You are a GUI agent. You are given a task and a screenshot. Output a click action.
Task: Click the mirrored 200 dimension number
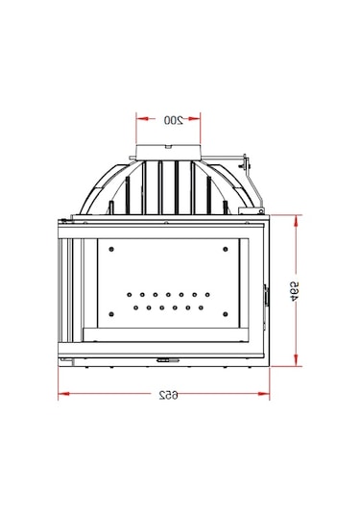pos(173,120)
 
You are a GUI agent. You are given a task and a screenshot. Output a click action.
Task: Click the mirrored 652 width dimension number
pos(169,396)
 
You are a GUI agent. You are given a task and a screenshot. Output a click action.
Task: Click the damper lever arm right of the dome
pos(248,178)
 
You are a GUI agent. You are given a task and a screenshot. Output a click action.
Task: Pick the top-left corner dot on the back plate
pos(112,249)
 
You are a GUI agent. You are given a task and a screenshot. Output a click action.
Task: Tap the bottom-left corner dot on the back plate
pos(112,310)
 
